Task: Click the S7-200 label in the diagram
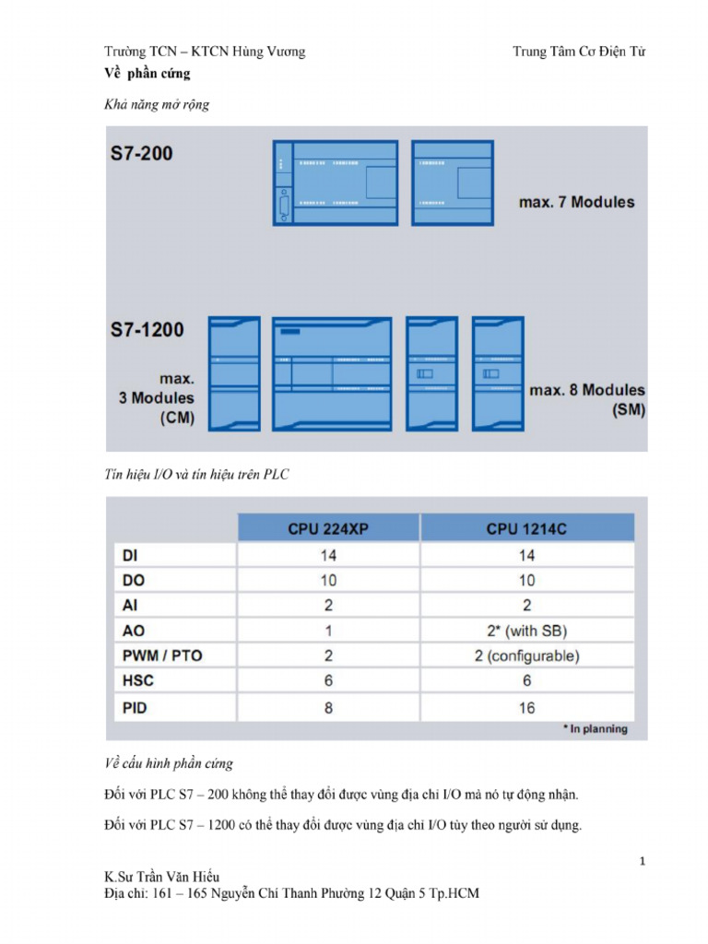tap(141, 153)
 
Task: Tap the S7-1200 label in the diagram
tap(147, 329)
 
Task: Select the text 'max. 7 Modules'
tap(577, 202)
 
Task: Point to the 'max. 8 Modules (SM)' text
tap(587, 401)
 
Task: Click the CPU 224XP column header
tap(328, 528)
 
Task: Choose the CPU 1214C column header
tap(526, 528)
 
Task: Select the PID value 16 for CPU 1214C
tap(526, 708)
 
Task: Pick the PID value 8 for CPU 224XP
tap(328, 708)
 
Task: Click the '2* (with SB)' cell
tap(526, 631)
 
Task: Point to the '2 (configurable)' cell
tap(526, 656)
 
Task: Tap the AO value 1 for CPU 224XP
tap(328, 631)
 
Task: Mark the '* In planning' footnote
tap(595, 729)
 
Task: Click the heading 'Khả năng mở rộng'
tap(156, 104)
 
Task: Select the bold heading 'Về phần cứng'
tap(147, 74)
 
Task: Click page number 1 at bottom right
tap(642, 861)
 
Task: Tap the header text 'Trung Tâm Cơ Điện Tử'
tap(579, 52)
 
